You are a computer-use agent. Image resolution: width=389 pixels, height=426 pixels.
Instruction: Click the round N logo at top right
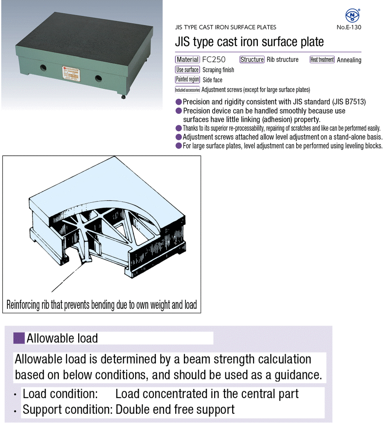(x=352, y=16)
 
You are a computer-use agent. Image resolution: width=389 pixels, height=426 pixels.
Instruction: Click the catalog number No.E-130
(x=349, y=27)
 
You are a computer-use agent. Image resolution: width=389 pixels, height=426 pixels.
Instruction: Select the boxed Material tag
(x=188, y=59)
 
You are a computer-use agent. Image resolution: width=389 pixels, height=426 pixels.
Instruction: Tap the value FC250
(x=214, y=59)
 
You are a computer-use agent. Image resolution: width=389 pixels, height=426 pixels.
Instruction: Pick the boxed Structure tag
(x=252, y=59)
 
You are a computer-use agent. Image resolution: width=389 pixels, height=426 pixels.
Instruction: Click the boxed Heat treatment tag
(x=322, y=59)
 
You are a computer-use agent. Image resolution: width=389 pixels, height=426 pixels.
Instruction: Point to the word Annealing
(x=349, y=60)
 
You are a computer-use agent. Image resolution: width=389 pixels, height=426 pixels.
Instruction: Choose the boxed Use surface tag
(x=188, y=70)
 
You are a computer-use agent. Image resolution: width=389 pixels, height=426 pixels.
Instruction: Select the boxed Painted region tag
(x=188, y=79)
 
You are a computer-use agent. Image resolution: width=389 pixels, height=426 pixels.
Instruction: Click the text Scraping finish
(x=218, y=70)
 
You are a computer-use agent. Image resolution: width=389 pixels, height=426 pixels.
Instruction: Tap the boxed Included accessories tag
(x=188, y=90)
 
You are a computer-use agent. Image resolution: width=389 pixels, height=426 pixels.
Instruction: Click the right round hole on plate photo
(x=98, y=78)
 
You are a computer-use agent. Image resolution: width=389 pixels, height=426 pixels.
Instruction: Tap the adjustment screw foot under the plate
(x=123, y=97)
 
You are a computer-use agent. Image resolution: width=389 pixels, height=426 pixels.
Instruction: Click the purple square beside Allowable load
(x=19, y=338)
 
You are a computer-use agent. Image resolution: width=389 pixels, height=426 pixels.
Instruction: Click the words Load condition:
(x=60, y=394)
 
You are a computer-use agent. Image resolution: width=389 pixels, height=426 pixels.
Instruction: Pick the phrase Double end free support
(x=175, y=409)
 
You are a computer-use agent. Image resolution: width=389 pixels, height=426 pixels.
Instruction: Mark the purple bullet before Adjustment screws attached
(x=179, y=137)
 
